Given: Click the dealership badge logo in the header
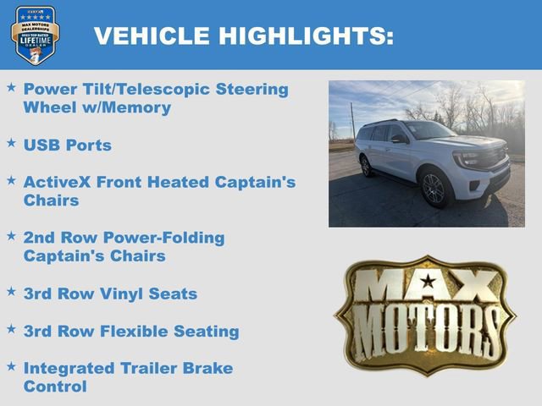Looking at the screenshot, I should (x=35, y=35).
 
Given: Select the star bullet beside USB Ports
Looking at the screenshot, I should (x=11, y=144).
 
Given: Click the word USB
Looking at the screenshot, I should (x=41, y=145).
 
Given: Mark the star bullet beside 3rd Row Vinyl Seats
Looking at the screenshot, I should (x=11, y=292).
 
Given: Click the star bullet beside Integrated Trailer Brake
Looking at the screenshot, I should (x=11, y=366).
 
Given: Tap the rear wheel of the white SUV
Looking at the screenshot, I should (x=367, y=166).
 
